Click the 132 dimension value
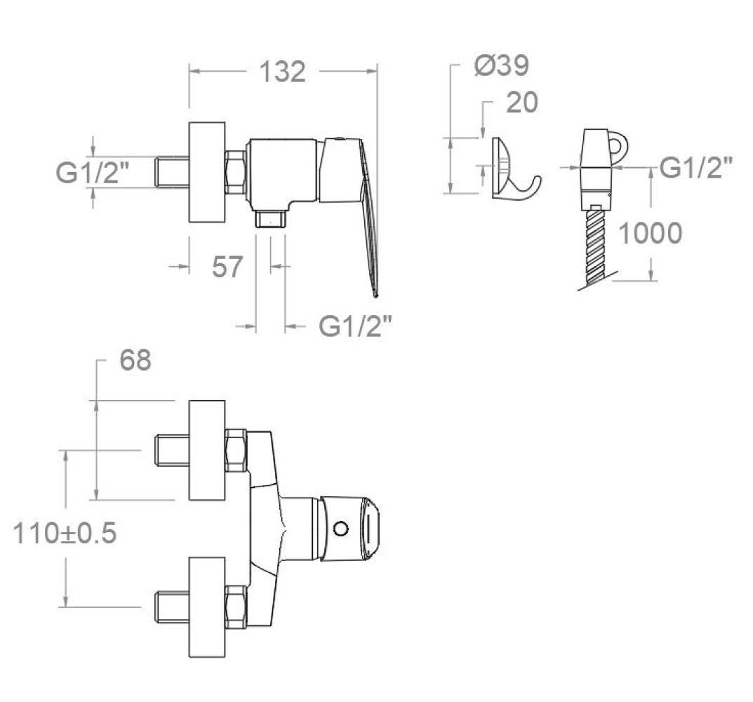(282, 72)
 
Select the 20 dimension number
(522, 102)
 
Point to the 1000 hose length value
(650, 233)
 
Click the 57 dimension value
(227, 267)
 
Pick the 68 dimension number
(135, 360)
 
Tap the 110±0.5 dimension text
(65, 534)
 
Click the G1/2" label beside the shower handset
(696, 168)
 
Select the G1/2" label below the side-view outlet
(355, 326)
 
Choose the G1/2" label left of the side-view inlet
(93, 173)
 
